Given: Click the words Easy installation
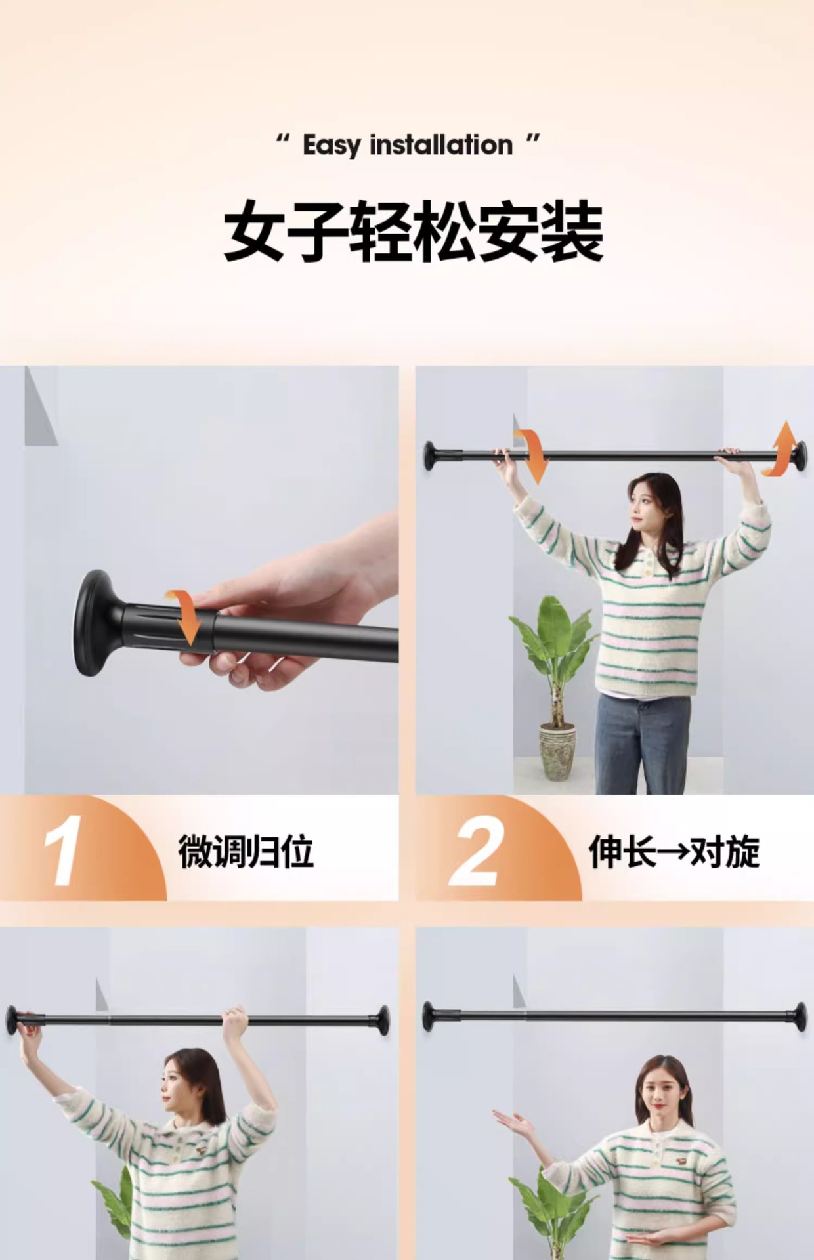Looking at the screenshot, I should click(407, 145).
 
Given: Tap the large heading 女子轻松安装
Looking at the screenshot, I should click(413, 232).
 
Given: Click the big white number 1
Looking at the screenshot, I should click(64, 850).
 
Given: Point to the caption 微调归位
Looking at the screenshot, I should click(246, 852).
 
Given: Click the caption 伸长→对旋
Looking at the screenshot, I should click(674, 852).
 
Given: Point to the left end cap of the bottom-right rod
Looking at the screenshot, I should click(429, 1016).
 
